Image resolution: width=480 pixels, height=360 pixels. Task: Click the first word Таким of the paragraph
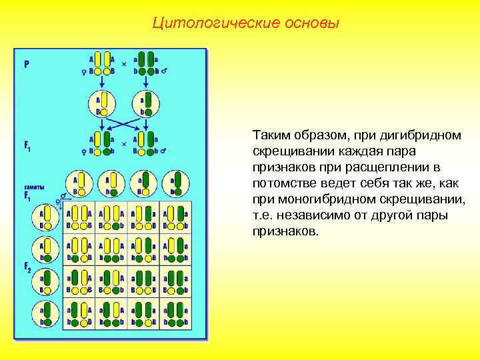coord(270,135)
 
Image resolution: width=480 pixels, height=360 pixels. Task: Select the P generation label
coord(27,65)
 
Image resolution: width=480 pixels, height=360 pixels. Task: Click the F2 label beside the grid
coord(27,269)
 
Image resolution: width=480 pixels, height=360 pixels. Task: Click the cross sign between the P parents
coord(123,65)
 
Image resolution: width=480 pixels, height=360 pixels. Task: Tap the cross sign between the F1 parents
coord(123,143)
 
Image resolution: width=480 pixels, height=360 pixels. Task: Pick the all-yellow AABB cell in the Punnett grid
coord(79,217)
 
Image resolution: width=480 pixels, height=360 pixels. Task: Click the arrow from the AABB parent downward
coord(101,82)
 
